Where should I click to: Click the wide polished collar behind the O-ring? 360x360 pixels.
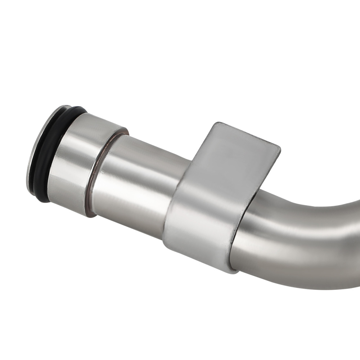coord(77,162)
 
